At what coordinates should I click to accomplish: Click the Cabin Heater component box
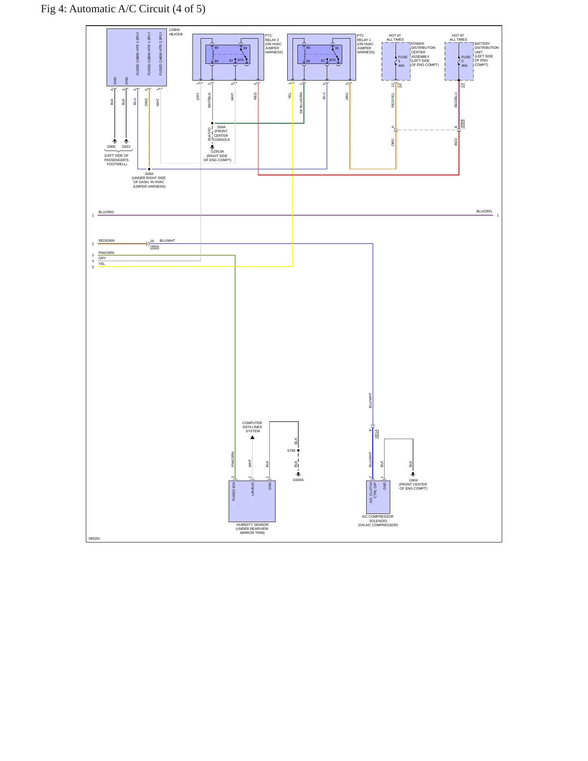point(137,57)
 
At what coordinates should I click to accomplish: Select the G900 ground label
point(111,147)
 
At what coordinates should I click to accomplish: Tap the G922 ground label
point(126,147)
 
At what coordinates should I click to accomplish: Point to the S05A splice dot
point(149,169)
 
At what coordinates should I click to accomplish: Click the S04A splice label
point(221,127)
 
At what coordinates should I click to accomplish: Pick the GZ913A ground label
point(217,151)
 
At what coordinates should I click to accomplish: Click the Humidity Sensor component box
point(252,501)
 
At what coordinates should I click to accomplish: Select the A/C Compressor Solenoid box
point(378,497)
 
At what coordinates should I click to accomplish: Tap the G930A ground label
point(298,480)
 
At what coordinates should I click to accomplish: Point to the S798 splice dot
point(298,450)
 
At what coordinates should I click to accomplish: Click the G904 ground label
point(413,480)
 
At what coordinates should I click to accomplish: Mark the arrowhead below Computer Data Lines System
point(252,437)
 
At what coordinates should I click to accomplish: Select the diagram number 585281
point(94,538)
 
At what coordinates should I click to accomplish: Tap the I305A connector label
point(155,247)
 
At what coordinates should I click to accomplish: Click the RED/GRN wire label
point(107,241)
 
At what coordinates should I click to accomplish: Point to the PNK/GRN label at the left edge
point(106,253)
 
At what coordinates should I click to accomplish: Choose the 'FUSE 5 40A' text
point(402,61)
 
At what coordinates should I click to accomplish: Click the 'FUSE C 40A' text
point(466,61)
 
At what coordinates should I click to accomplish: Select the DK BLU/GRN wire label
point(301,103)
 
